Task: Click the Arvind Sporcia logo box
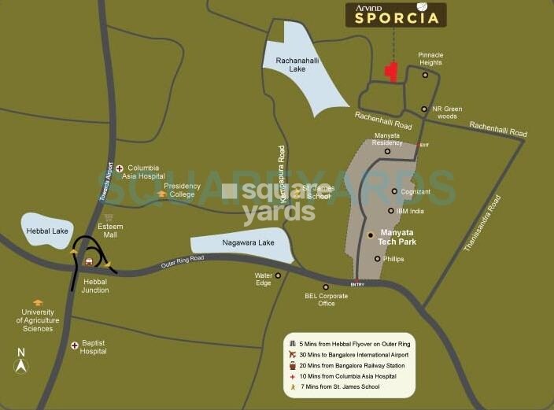click(x=396, y=14)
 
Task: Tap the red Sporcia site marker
click(x=390, y=72)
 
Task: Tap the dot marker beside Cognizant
click(x=394, y=191)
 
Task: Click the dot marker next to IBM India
click(x=391, y=211)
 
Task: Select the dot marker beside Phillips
click(x=378, y=258)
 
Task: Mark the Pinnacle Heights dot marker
click(x=425, y=76)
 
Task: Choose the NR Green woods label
click(x=447, y=113)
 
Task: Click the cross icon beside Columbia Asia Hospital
click(x=119, y=168)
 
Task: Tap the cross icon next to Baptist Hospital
click(x=74, y=345)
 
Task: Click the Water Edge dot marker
click(x=278, y=275)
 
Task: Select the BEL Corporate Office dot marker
click(x=326, y=286)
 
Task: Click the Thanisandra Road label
click(x=482, y=223)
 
